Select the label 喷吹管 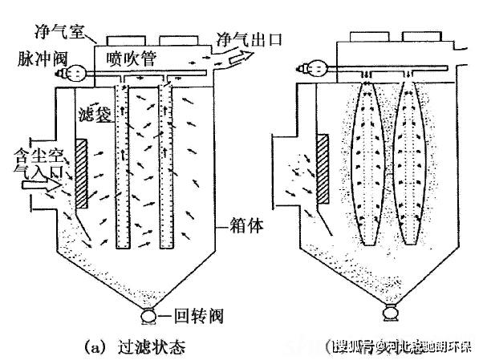(134, 58)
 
